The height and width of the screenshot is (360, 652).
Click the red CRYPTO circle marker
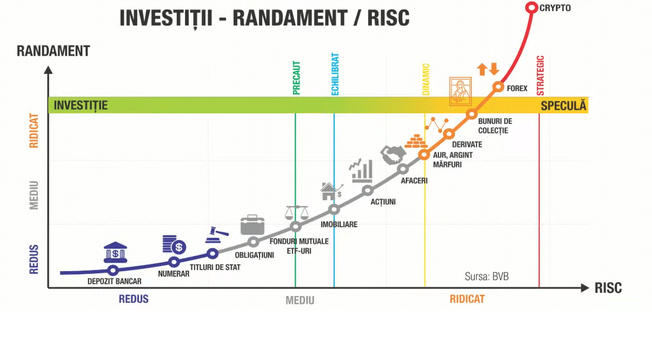click(531, 8)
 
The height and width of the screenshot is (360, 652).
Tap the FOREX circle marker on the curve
click(498, 87)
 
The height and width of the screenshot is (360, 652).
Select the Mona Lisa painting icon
click(460, 92)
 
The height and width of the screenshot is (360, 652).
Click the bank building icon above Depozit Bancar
click(115, 253)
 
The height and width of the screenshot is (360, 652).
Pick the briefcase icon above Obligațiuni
click(253, 224)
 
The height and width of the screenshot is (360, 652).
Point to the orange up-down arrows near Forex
click(488, 69)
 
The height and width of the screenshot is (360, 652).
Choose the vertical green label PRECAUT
click(296, 78)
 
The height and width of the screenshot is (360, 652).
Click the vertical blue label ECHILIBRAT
click(335, 74)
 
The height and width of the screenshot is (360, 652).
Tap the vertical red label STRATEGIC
click(540, 76)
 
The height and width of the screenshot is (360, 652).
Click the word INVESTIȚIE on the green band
click(81, 105)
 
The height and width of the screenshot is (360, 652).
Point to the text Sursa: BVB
click(486, 276)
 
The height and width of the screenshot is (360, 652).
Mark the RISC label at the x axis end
click(608, 288)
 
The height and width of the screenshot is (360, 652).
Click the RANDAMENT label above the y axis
click(53, 51)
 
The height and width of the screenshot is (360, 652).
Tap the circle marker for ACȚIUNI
click(367, 191)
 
